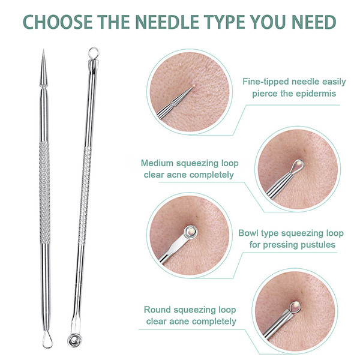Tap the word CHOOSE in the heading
[58, 22]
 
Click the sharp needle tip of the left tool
[43, 50]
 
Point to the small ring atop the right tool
[94, 53]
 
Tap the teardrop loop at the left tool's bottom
[47, 340]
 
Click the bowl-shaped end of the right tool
[75, 340]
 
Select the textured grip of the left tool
[44, 193]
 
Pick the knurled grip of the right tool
[85, 196]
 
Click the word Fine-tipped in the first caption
[265, 82]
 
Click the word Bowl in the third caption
[248, 233]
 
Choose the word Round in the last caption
[157, 310]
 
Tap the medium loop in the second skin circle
[298, 166]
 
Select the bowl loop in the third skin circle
[191, 232]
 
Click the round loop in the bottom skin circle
[295, 306]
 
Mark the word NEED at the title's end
[314, 22]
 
